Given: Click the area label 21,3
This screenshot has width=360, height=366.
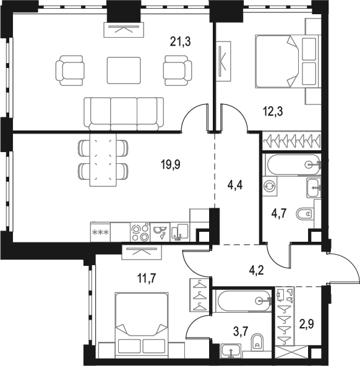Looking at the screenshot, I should point(180,41).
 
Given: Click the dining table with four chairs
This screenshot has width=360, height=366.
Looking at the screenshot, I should point(103,160).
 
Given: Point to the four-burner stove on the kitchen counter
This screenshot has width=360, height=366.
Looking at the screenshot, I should point(140,232).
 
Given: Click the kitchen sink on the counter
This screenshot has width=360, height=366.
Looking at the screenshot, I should point(179,232).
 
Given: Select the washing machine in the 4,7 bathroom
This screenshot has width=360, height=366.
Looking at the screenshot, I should point(270,185).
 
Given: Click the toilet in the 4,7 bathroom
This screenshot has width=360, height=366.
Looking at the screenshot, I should point(306,215).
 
